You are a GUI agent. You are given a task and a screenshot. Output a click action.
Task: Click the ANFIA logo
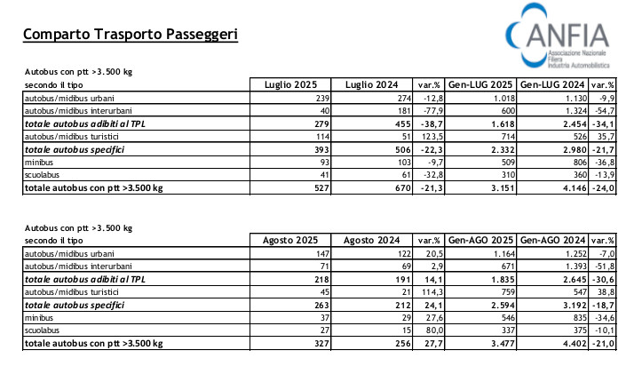point(558,36)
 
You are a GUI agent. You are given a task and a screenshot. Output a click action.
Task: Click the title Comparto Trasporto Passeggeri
point(131,34)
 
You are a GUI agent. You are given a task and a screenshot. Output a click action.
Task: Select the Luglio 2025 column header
point(290,84)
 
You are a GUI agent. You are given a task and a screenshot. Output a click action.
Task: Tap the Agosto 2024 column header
point(371,240)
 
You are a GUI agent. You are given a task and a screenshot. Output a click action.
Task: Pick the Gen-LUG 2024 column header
point(552,84)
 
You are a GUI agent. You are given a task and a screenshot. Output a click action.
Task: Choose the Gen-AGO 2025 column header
point(480,240)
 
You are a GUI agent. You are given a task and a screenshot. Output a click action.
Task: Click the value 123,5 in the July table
point(432,137)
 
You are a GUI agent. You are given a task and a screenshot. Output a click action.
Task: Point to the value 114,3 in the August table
point(432,292)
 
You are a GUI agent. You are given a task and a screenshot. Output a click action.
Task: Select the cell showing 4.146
point(575,188)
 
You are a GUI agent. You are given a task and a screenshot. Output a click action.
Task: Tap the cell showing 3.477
point(503,343)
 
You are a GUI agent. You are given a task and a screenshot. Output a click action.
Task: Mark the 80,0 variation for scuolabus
point(434,330)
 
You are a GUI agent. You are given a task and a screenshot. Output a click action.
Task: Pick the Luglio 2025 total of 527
point(321,188)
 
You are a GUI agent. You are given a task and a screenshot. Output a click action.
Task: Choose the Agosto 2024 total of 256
point(403,343)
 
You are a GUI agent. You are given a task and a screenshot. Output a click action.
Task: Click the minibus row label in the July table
point(39,163)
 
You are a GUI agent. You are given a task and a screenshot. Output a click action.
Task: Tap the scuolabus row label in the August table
point(42,330)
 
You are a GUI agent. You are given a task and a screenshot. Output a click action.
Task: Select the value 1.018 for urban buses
point(503,99)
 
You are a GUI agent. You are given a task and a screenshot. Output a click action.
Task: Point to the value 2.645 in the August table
point(575,279)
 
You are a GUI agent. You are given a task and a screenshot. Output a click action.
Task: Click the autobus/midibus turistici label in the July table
point(72,137)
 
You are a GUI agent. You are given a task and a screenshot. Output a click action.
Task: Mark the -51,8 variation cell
point(604,267)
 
